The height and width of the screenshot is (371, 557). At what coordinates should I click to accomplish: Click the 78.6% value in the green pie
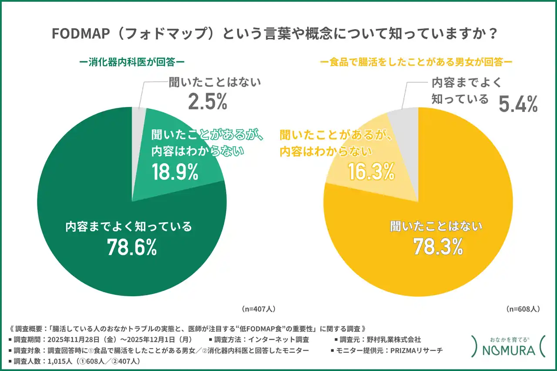pos(132,247)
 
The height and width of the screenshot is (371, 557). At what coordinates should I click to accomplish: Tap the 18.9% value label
pos(175,172)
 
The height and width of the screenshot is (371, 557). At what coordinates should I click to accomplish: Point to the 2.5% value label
pos(208,101)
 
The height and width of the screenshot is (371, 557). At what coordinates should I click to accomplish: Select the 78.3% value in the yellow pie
pos(437,247)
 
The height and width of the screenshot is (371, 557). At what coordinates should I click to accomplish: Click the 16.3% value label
pos(371,172)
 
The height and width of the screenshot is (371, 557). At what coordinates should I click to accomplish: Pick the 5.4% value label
pos(518,104)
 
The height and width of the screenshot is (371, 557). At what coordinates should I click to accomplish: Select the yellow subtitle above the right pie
pos(416,63)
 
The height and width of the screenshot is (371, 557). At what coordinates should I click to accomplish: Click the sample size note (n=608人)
pos(523,309)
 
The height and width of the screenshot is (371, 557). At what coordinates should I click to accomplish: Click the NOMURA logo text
pos(504,351)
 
